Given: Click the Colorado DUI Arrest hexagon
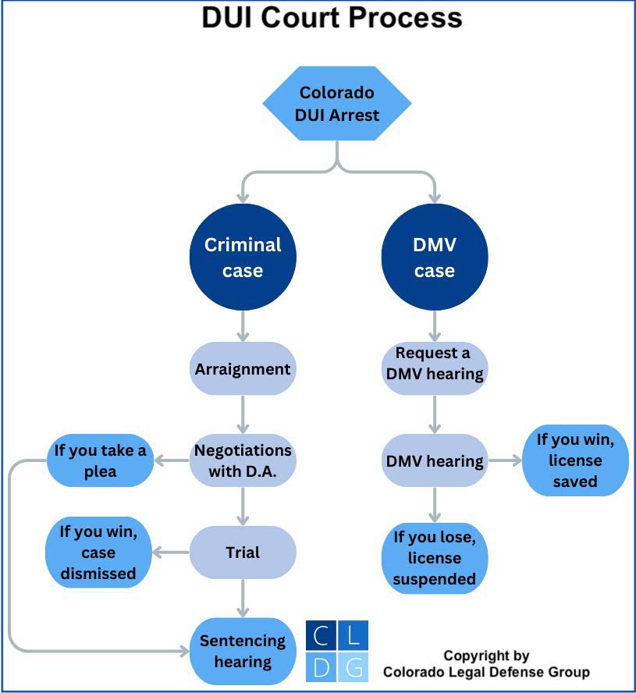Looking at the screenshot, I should click(x=338, y=103).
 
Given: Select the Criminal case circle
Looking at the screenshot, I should click(x=243, y=257).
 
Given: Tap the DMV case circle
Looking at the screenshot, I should click(x=434, y=257).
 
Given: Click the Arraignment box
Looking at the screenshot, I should click(x=243, y=368).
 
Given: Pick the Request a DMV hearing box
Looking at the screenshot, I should click(x=435, y=363).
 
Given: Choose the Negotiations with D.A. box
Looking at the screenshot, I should click(x=243, y=460).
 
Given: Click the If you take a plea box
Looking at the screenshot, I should click(x=100, y=460).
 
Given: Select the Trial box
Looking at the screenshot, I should click(x=243, y=553).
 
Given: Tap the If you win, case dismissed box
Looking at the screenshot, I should click(x=98, y=553).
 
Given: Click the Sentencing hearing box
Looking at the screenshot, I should click(x=243, y=651).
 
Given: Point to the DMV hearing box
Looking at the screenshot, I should click(x=435, y=460).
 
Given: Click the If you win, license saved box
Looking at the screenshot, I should click(x=575, y=460).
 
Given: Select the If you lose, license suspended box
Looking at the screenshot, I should click(x=435, y=558).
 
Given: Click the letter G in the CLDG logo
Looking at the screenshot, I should click(x=354, y=667).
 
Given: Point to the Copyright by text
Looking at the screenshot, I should click(x=485, y=656).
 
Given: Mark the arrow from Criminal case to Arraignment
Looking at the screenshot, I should click(x=243, y=326).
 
